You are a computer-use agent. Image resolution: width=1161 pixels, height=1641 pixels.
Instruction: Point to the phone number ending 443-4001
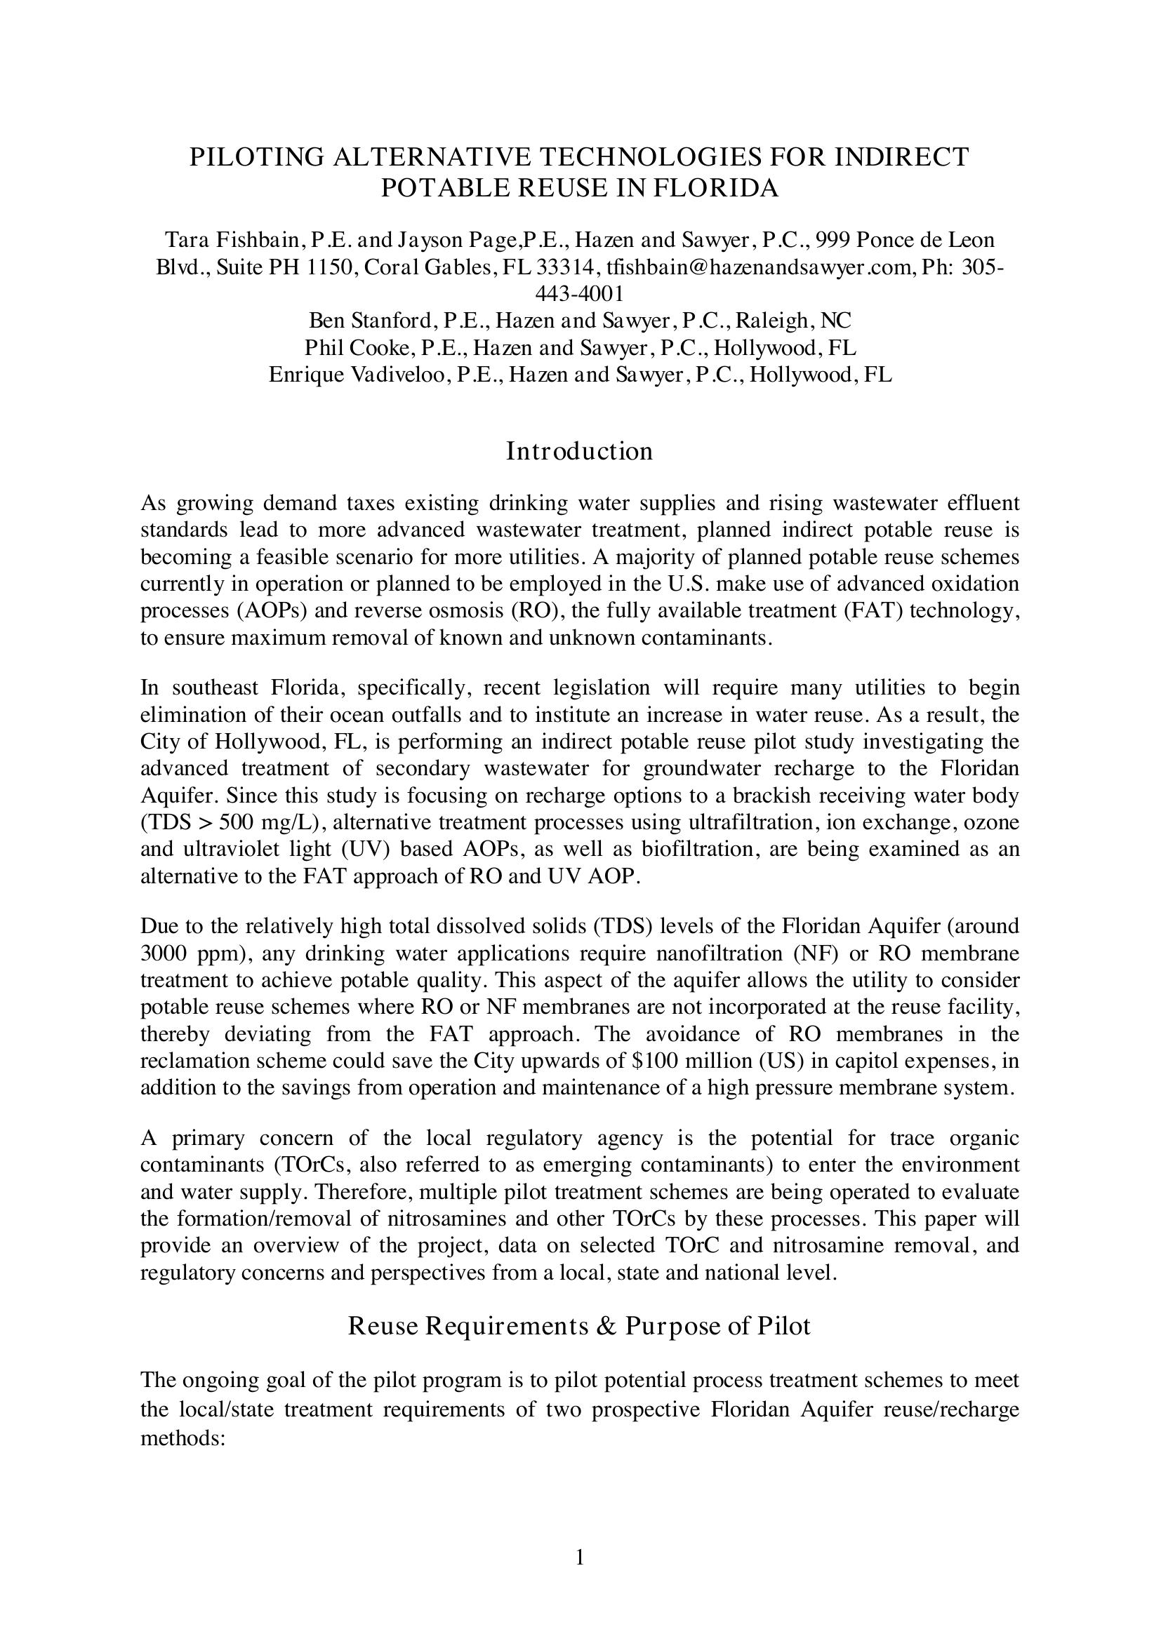click(x=580, y=293)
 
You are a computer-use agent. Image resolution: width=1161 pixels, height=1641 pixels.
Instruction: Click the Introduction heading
click(x=580, y=451)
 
